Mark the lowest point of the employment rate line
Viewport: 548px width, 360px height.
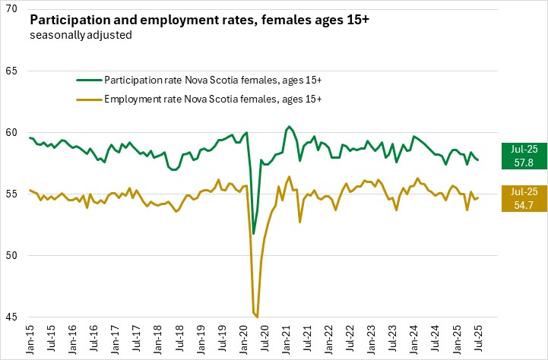[x=258, y=317]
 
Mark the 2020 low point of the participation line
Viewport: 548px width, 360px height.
[x=254, y=233]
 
